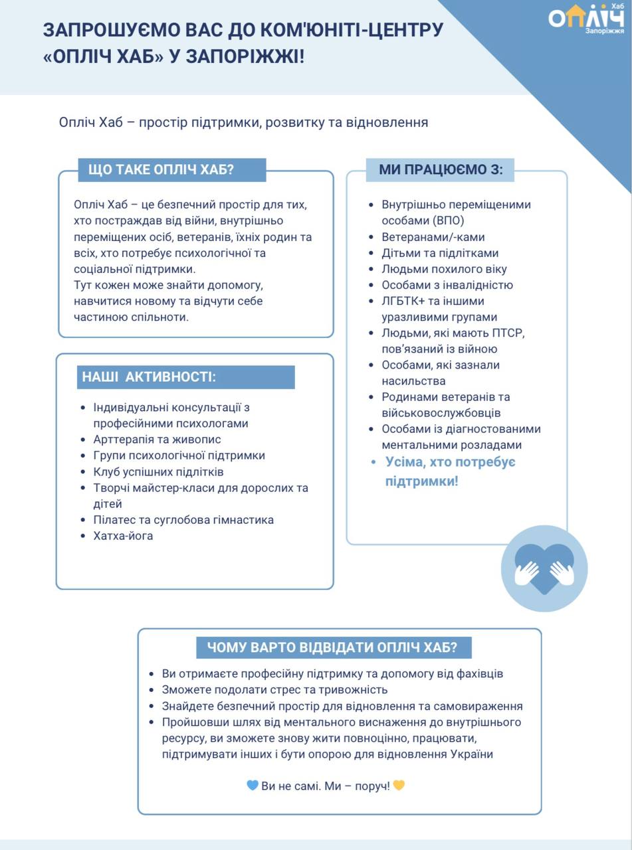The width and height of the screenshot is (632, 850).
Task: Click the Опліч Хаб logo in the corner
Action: pyautogui.click(x=586, y=19)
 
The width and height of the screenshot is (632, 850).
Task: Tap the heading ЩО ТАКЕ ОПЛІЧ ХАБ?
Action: pyautogui.click(x=161, y=169)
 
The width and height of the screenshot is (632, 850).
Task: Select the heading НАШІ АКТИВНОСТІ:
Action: pyautogui.click(x=149, y=377)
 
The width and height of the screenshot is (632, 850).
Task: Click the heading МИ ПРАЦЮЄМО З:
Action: pyautogui.click(x=441, y=169)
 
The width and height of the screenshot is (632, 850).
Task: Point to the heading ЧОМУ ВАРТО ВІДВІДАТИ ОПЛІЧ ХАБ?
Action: pyautogui.click(x=332, y=647)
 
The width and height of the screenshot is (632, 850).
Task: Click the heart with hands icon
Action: pyautogui.click(x=544, y=568)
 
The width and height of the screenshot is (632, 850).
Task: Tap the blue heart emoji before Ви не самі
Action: pyautogui.click(x=253, y=786)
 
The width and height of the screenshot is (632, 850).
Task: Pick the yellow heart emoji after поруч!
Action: pyautogui.click(x=399, y=786)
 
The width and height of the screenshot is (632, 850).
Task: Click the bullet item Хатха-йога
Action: pyautogui.click(x=123, y=536)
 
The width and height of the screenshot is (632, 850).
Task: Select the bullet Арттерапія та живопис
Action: pyautogui.click(x=157, y=440)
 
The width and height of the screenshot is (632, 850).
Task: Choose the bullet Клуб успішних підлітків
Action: pyautogui.click(x=158, y=472)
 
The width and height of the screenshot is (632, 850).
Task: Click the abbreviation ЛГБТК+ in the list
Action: pyautogui.click(x=403, y=301)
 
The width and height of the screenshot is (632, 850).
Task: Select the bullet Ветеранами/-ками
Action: pyautogui.click(x=433, y=237)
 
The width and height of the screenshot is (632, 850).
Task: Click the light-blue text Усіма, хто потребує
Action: pyautogui.click(x=450, y=462)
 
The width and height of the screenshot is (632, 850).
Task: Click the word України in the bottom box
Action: pyautogui.click(x=471, y=754)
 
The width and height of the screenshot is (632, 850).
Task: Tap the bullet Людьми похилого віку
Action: pyautogui.click(x=444, y=269)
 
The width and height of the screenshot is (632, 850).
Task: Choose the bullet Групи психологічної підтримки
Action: pyautogui.click(x=179, y=456)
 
